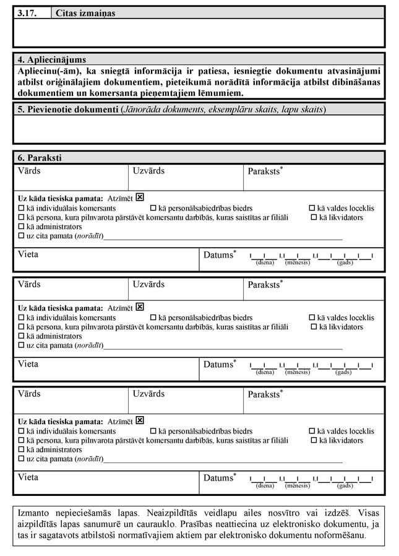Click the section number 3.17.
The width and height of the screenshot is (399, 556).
(x=27, y=12)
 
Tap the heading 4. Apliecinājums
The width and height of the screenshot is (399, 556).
(x=53, y=60)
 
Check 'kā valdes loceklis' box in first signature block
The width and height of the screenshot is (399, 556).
(x=312, y=209)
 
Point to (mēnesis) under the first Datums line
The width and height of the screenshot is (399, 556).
(x=297, y=263)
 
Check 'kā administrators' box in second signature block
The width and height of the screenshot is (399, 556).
(x=22, y=336)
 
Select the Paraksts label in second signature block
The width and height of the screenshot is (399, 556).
(x=265, y=285)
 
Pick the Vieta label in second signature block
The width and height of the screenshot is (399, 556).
(x=28, y=364)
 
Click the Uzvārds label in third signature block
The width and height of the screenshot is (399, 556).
(x=148, y=394)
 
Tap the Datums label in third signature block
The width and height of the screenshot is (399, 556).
(x=218, y=478)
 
